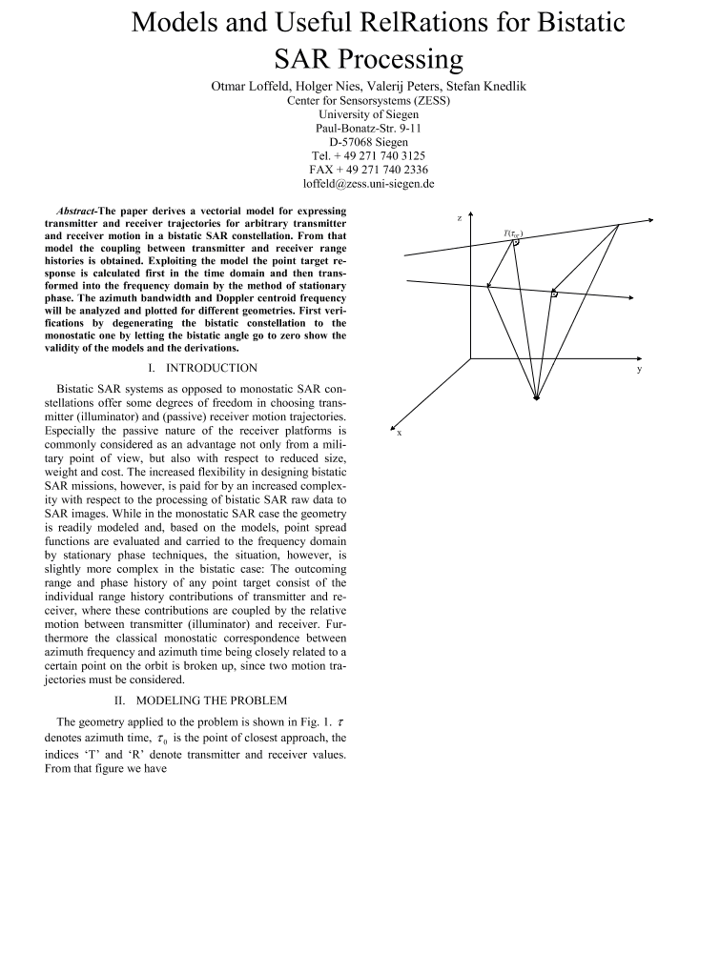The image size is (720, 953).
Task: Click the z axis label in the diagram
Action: pyautogui.click(x=460, y=218)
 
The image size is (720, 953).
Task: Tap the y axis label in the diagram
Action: pyautogui.click(x=638, y=368)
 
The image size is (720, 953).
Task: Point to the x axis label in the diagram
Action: pyautogui.click(x=399, y=433)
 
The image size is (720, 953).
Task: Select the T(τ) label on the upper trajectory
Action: pyautogui.click(x=513, y=233)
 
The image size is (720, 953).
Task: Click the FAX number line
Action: pyautogui.click(x=360, y=169)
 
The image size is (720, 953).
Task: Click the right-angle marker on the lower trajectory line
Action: pyautogui.click(x=553, y=294)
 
